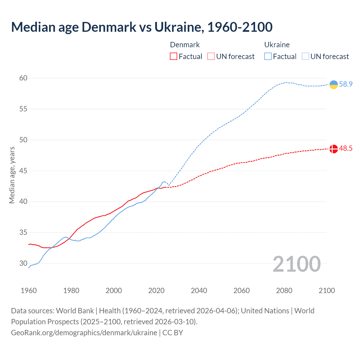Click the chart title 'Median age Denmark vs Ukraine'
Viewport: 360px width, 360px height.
[142, 27]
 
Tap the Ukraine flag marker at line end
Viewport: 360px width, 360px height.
[334, 84]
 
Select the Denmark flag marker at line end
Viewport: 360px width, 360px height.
[334, 149]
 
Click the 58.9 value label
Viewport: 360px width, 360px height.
[346, 84]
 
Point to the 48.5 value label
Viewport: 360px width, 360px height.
[346, 148]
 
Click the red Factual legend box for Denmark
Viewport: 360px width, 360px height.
[174, 57]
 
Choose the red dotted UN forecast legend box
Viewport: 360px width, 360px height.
[211, 57]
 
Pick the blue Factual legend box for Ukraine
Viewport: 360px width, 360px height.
[268, 57]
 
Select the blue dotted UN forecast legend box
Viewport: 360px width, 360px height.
[305, 57]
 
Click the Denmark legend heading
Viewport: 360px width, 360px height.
[185, 45]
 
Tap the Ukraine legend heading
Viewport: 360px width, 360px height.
[277, 45]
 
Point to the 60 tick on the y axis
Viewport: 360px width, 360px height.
[23, 78]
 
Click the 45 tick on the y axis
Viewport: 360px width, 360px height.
[23, 171]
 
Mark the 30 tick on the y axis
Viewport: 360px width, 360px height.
[23, 264]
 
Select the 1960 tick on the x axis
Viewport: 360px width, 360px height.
[29, 291]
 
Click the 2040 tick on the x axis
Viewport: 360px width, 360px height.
[199, 291]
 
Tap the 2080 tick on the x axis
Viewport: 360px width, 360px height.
[284, 291]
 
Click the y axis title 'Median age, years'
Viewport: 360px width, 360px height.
[12, 175]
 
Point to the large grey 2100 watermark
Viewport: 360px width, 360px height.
[296, 264]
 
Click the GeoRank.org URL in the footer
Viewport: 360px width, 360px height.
[84, 333]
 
